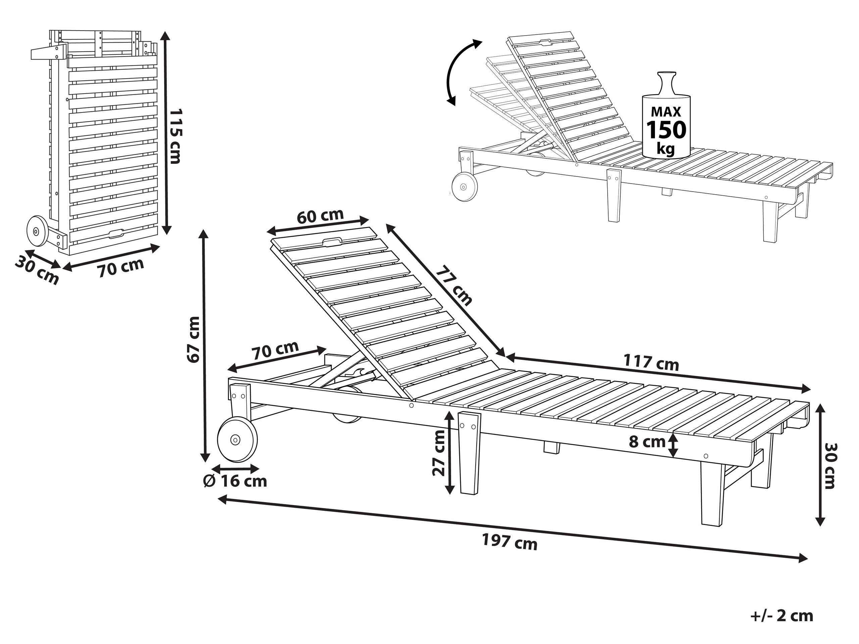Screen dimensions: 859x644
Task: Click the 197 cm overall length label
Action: point(510,542)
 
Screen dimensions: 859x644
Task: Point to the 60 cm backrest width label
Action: point(320,216)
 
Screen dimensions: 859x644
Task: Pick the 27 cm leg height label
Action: point(439,453)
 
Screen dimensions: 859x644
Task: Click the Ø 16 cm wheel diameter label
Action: point(235,481)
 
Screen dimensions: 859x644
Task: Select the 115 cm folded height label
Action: point(176,136)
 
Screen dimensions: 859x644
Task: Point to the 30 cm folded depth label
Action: point(37,270)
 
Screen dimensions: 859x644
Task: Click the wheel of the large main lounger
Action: point(237,440)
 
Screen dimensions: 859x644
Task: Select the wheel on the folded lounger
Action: point(37,231)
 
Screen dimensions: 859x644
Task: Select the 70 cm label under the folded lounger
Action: point(121,267)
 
